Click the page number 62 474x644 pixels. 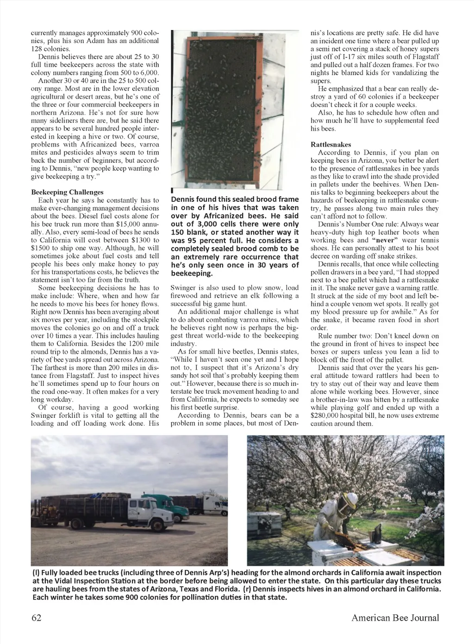[36, 618]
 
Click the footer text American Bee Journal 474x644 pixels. [395, 618]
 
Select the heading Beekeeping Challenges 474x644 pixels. [67, 192]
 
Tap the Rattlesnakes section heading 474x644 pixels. [331, 144]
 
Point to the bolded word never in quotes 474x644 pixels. [382, 240]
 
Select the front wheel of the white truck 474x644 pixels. [158, 526]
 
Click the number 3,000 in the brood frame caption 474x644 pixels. [204, 224]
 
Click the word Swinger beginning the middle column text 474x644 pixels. [183, 288]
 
